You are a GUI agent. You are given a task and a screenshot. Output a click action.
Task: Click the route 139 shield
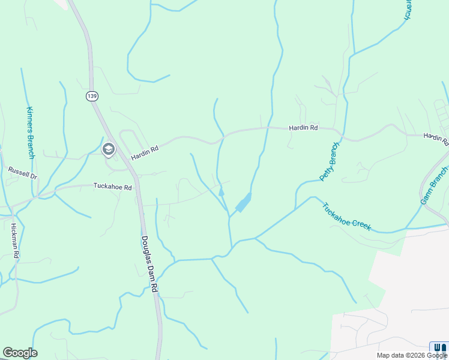click(x=91, y=95)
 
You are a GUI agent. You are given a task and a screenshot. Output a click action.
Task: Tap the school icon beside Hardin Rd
click(x=109, y=149)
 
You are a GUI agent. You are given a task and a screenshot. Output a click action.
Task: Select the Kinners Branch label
click(x=31, y=133)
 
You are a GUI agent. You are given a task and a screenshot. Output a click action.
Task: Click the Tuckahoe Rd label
click(x=112, y=187)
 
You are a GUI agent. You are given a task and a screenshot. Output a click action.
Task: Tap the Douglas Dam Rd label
click(x=149, y=263)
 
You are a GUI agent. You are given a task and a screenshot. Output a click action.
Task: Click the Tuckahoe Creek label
click(x=346, y=217)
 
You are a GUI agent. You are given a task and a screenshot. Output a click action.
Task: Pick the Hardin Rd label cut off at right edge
click(x=436, y=139)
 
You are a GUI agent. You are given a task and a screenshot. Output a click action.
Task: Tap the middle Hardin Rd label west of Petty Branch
click(x=303, y=128)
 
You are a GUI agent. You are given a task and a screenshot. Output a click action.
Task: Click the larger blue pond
click(x=243, y=203)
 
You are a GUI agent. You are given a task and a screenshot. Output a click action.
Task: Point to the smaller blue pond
click(x=221, y=193)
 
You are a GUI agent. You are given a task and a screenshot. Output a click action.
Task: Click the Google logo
click(x=20, y=353)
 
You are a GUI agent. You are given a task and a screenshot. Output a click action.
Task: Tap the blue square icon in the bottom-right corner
click(x=439, y=347)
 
